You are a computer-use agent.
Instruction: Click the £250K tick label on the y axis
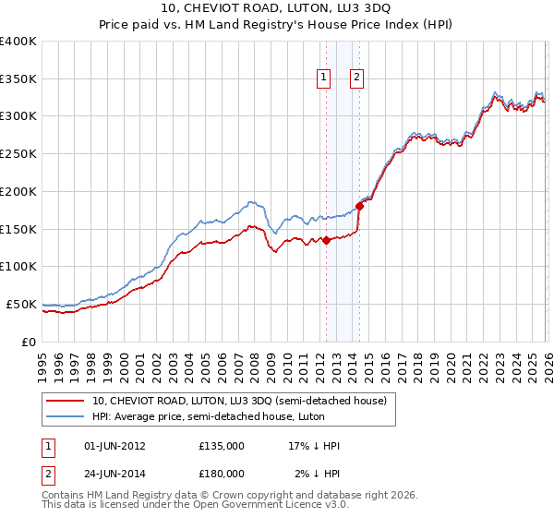tap(18, 153)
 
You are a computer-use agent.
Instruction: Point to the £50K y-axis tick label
tap(21, 304)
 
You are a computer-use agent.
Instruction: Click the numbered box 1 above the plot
tap(325, 78)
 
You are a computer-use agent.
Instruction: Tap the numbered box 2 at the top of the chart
tap(356, 78)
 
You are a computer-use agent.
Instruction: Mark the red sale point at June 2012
tap(326, 241)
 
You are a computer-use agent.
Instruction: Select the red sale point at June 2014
tap(359, 207)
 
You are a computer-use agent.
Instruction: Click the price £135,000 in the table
tap(222, 446)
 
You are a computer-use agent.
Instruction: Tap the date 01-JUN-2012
tap(115, 446)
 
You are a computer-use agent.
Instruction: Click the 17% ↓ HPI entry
tap(314, 446)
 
